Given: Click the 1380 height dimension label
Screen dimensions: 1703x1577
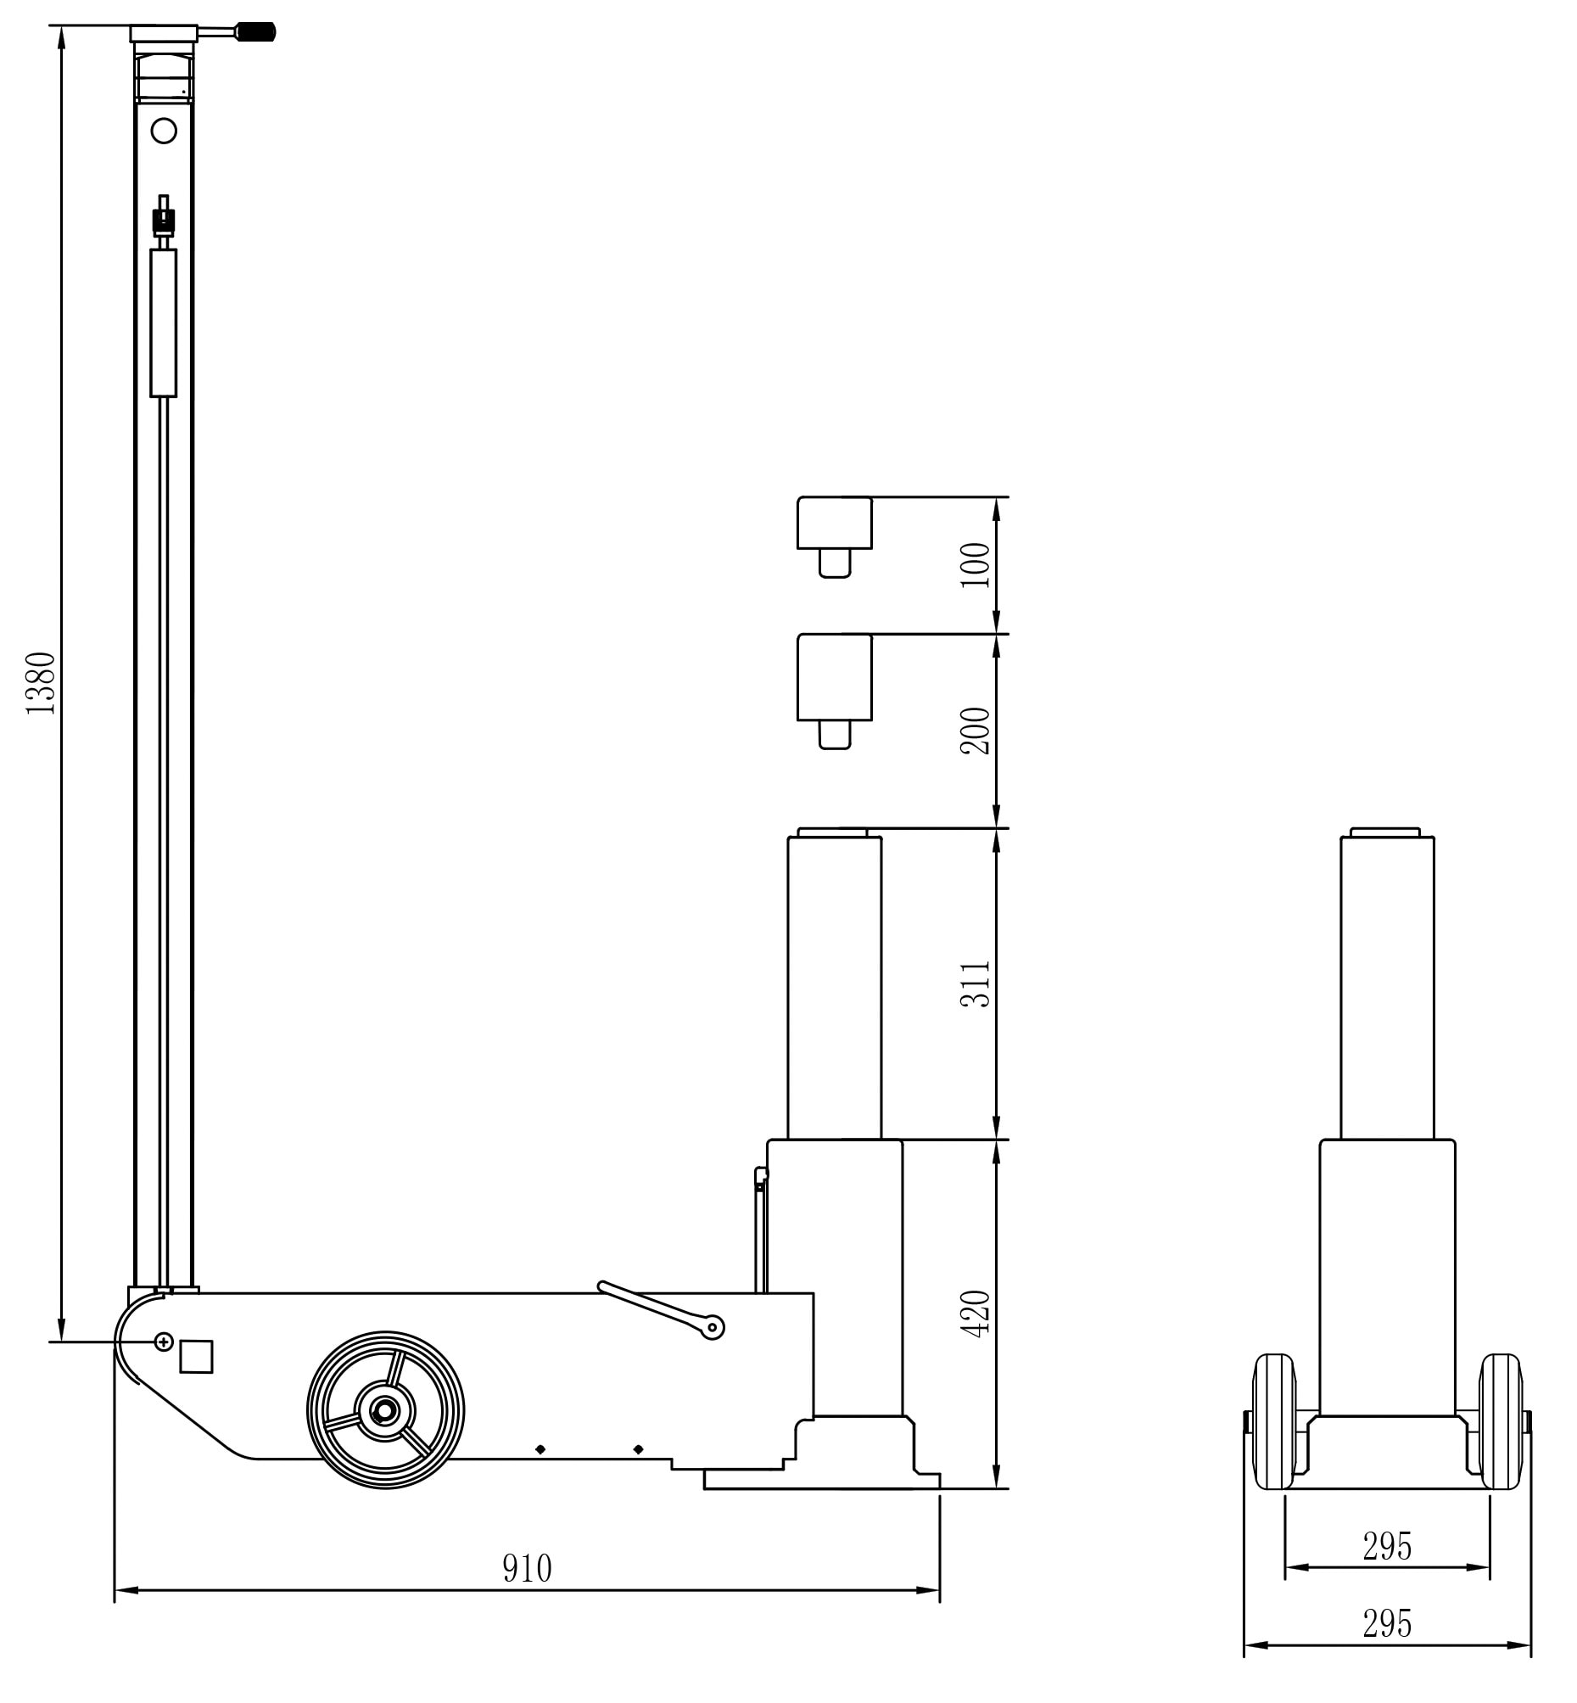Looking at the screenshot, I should [x=40, y=683].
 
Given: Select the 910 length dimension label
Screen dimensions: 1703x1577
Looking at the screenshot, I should [x=527, y=1568].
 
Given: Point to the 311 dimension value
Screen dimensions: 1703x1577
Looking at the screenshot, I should [x=976, y=984].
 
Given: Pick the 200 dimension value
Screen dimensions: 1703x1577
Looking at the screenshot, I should [x=976, y=731].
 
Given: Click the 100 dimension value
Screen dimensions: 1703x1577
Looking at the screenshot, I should [x=976, y=564].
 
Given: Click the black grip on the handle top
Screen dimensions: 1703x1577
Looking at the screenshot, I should [x=255, y=32].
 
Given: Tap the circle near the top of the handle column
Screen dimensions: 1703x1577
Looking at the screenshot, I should [x=163, y=131].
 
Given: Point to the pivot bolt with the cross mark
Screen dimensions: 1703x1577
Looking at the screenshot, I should [x=164, y=1342].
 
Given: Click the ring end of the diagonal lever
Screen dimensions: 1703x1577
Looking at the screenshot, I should [x=713, y=1327].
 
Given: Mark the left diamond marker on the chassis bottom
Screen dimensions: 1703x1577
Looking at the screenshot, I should [x=540, y=1449].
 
